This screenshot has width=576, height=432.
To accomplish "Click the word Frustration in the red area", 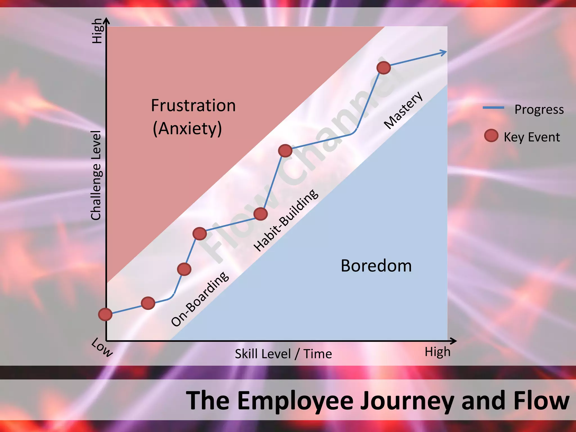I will pos(193,106).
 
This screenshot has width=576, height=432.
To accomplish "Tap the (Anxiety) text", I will pos(187,129).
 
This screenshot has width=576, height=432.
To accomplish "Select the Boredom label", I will pos(376,266).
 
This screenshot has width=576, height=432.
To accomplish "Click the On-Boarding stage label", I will pos(200,299).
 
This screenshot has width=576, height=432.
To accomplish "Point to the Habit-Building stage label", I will pos(286,220).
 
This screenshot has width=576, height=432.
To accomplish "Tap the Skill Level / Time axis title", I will pos(283,354).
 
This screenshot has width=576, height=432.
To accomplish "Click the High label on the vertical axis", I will pos(97,31).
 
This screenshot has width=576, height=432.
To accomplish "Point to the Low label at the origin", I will pos(102,348).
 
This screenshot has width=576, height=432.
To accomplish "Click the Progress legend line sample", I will pos(493,108).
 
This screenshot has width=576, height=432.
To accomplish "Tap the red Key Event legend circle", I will pos(491,136).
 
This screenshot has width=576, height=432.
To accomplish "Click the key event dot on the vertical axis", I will pos(105,314).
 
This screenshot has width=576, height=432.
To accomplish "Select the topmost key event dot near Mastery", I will pos(384,68).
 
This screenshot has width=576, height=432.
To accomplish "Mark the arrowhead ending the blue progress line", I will pos(444,52).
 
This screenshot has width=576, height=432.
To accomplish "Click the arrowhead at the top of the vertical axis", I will pos(106,20).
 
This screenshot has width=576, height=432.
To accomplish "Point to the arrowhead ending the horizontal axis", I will pos(453,341).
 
